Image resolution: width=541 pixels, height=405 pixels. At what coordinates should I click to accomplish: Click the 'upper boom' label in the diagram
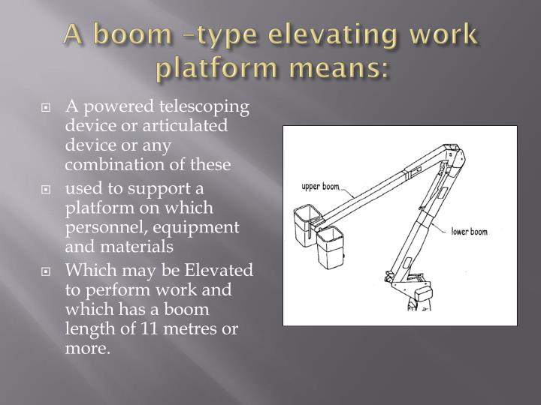pyautogui.click(x=321, y=186)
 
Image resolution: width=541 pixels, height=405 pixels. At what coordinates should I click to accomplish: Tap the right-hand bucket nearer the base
pyautogui.click(x=330, y=249)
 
